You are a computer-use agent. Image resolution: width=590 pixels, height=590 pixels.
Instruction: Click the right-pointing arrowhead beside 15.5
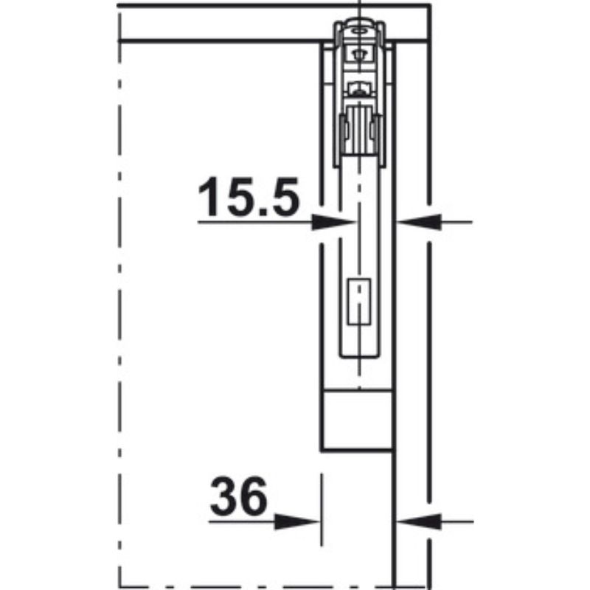332,221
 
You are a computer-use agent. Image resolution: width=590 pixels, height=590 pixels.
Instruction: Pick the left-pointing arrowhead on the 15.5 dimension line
417,221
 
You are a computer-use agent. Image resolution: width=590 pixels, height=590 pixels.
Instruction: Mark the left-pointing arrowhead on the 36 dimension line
416,521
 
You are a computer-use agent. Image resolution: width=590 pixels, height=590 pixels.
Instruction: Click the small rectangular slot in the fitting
358,302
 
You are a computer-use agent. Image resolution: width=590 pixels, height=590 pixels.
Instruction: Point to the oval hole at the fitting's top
358,32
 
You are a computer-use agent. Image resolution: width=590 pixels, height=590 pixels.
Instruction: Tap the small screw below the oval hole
359,54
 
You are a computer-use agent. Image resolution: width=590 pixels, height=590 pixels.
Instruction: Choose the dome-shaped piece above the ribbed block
358,90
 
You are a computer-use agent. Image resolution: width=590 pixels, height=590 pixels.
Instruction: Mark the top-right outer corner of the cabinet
429,6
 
